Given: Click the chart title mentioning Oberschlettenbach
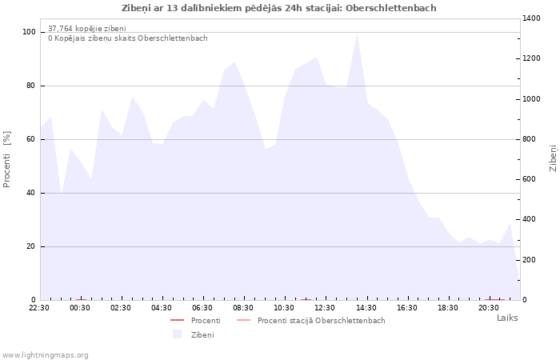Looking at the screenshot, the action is [x=279, y=8].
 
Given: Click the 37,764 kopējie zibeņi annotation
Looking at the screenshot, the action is [x=87, y=28].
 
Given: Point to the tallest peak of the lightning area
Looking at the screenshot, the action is [x=357, y=34].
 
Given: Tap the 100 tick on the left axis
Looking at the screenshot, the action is [x=29, y=32].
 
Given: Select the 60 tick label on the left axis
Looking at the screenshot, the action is [x=30, y=139].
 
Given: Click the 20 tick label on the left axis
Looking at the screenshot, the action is [x=30, y=246].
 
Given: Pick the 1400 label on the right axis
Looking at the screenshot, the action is [x=531, y=18].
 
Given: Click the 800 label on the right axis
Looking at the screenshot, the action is [x=530, y=139].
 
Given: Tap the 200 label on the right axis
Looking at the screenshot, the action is [x=530, y=260].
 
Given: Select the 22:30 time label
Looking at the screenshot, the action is [x=39, y=308].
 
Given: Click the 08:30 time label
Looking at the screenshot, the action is [x=243, y=308].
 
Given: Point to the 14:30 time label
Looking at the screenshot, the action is [x=366, y=308].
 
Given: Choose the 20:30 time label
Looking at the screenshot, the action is [x=489, y=308].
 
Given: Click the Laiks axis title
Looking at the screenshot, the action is [x=507, y=318].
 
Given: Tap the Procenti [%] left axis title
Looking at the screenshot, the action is [x=6, y=159].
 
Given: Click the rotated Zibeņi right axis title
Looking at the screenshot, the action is [x=553, y=158].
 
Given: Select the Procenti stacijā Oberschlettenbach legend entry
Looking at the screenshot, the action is [x=310, y=321].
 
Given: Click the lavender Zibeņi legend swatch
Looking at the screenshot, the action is [x=177, y=334].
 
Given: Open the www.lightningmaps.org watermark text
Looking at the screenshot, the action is [x=45, y=355].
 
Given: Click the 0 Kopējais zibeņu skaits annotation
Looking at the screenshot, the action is [x=128, y=38].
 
